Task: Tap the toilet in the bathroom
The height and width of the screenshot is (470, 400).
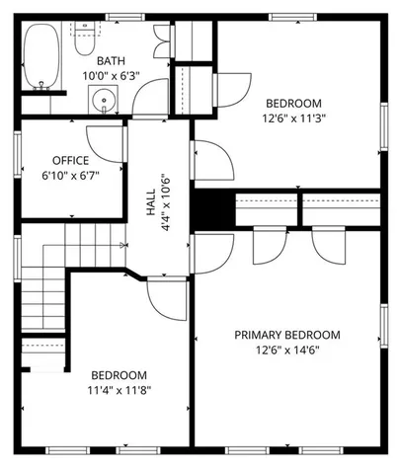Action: (x=85, y=39)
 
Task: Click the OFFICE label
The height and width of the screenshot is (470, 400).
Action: (x=70, y=160)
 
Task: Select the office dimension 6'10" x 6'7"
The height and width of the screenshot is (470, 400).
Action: (x=70, y=175)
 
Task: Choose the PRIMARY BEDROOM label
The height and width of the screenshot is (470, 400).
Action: (x=286, y=335)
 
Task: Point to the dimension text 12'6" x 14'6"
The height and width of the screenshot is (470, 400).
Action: (x=286, y=350)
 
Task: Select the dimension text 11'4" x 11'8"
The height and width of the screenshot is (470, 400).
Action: (x=119, y=390)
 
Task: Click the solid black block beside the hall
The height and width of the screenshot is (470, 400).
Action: (x=210, y=208)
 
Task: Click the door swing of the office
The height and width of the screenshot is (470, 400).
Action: (x=103, y=141)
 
